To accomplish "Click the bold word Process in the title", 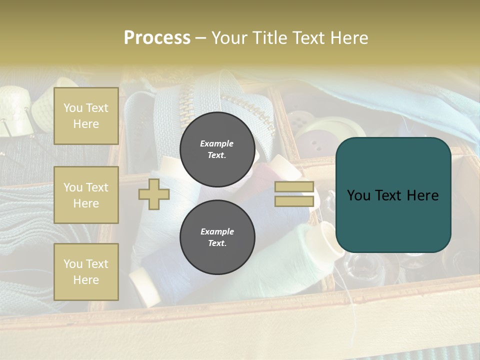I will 157,38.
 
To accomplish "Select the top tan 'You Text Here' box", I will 86,116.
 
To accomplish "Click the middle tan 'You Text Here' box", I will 86,195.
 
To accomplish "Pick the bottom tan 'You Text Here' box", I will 86,272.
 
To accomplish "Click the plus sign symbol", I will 153,194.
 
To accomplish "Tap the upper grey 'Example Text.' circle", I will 217,149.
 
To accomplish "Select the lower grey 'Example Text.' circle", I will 217,237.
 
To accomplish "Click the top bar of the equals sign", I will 294,187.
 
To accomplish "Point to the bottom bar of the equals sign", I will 294,201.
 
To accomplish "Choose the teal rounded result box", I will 393,195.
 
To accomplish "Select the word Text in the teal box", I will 388,195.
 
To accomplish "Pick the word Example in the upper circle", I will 216,143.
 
